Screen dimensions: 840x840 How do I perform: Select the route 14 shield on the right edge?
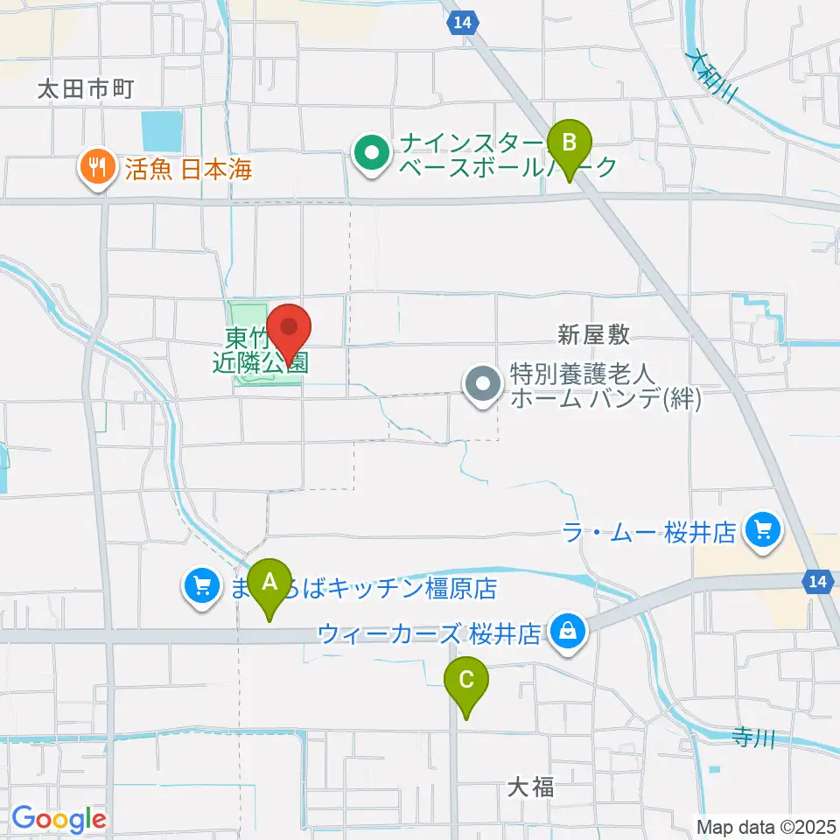[817, 581]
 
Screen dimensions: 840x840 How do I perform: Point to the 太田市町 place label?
[85, 88]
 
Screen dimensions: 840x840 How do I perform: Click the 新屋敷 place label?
[594, 332]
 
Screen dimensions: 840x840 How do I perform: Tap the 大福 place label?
[530, 787]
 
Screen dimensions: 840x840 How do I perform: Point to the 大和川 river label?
[712, 77]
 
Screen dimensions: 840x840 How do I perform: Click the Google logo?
[59, 819]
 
